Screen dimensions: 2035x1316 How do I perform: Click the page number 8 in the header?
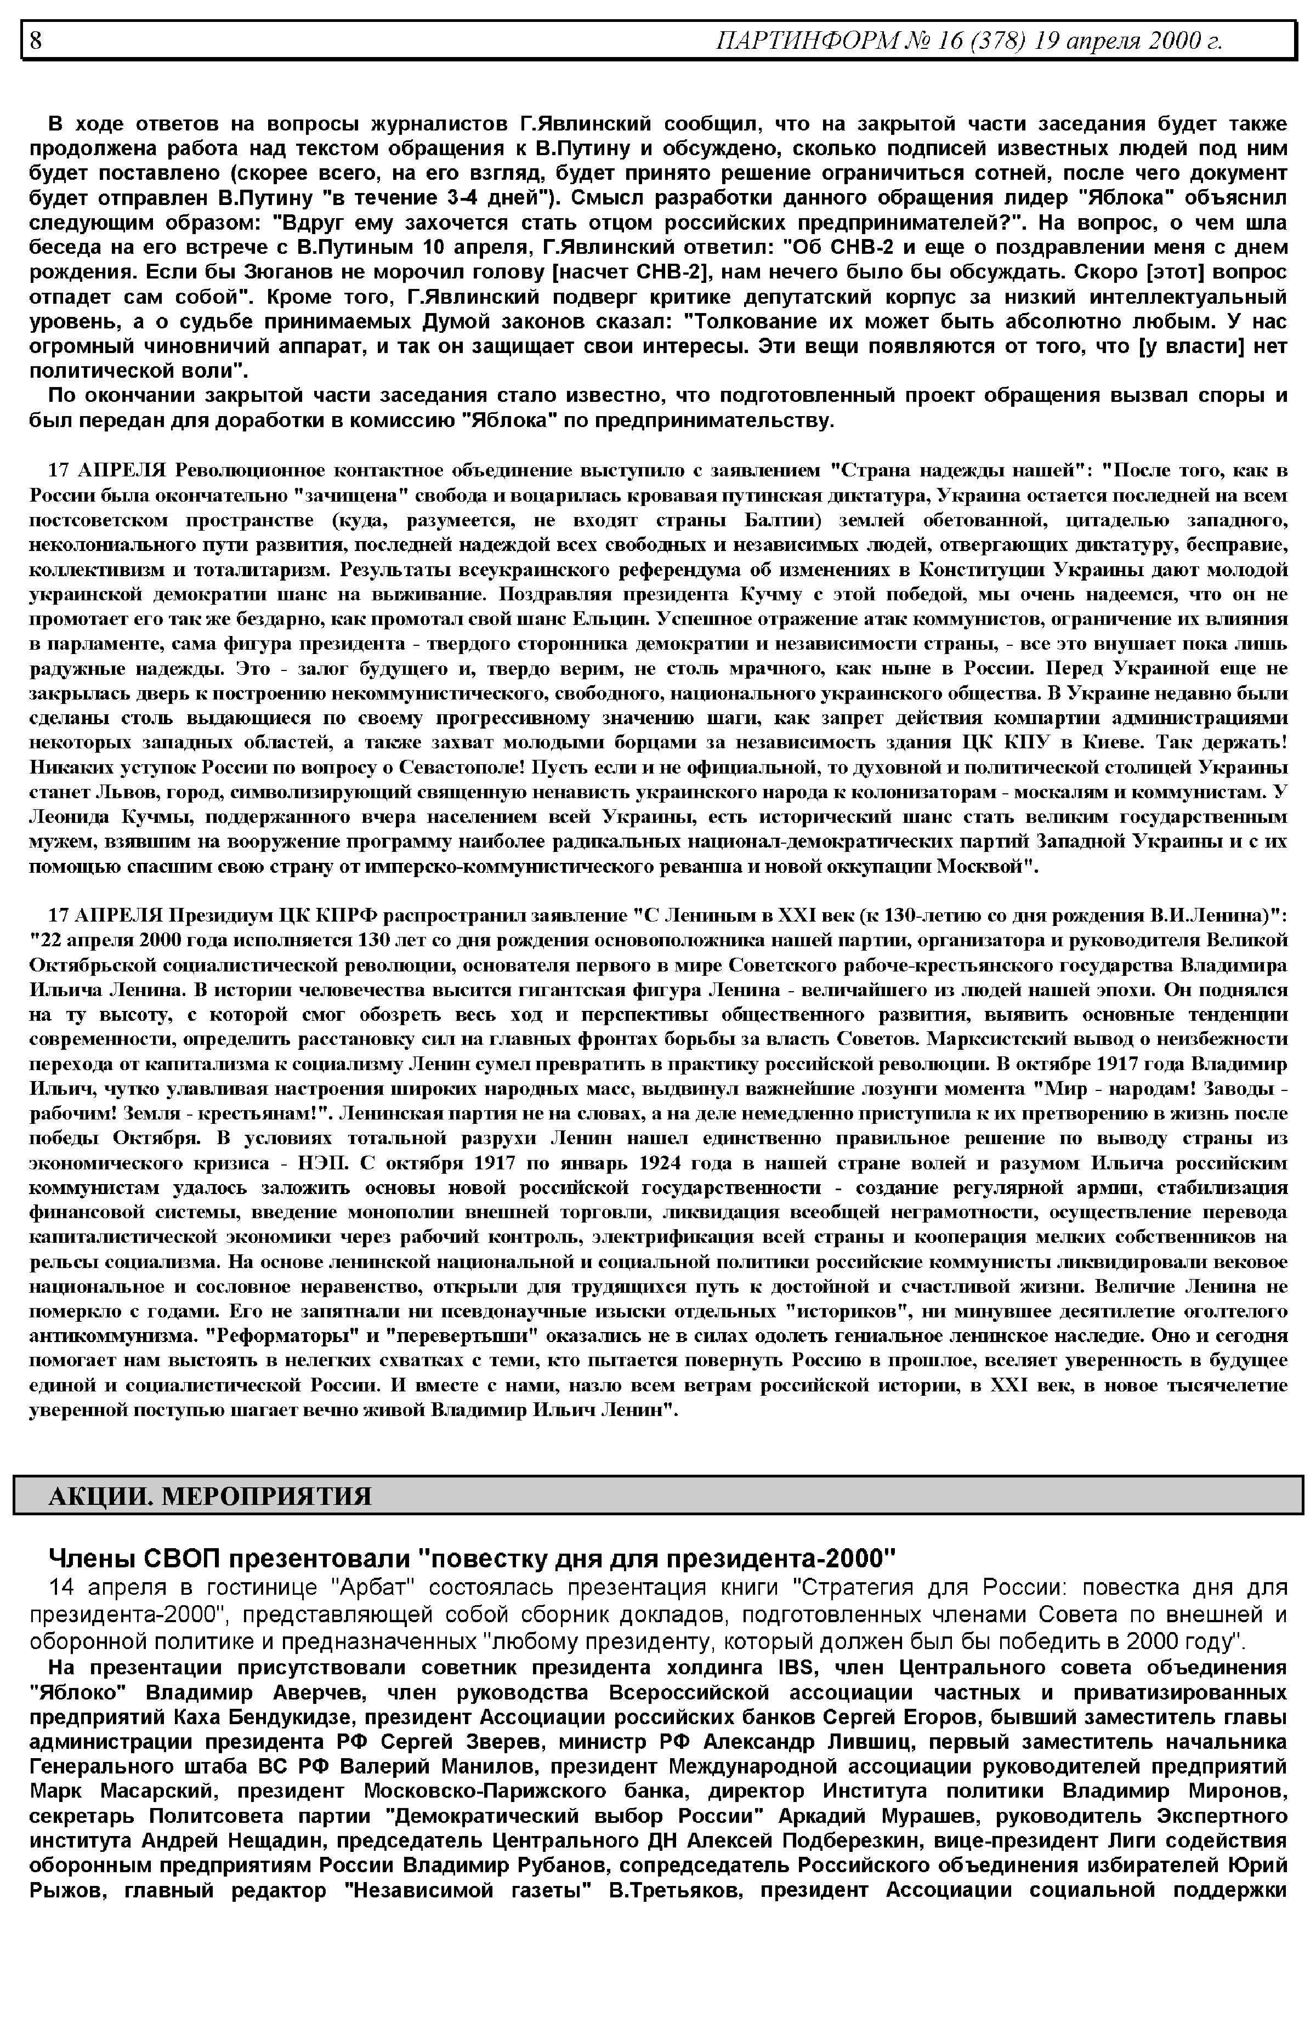pyautogui.click(x=36, y=40)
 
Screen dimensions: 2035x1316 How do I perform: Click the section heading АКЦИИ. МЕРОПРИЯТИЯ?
pyautogui.click(x=210, y=1496)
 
